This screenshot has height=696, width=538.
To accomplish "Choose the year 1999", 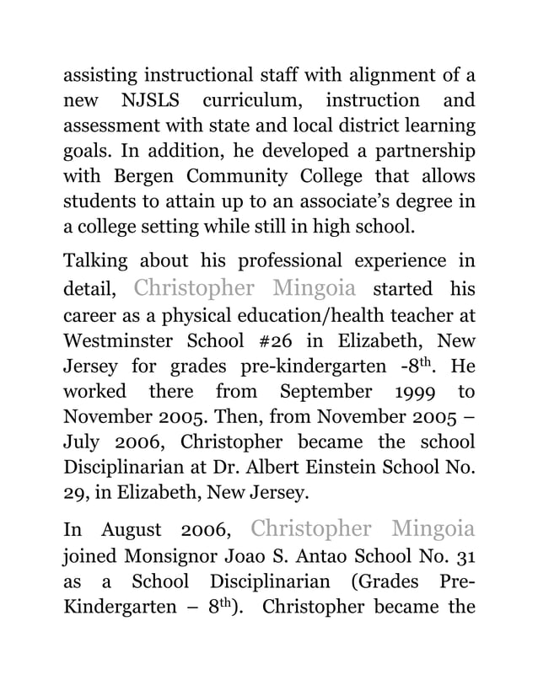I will pos(417,392).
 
